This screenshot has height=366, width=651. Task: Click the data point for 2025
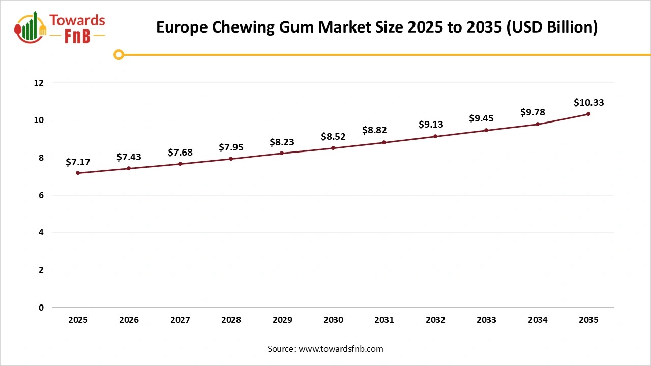78,173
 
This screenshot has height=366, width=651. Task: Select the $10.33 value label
588,103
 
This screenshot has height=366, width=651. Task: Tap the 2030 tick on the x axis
333,320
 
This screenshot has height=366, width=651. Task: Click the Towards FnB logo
61,27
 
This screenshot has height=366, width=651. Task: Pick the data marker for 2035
588,114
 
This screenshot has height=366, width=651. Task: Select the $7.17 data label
78,162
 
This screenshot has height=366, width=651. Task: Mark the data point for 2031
384,142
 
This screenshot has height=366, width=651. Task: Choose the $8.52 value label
333,137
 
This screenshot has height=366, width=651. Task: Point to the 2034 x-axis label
538,320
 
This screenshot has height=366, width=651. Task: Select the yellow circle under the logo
119,54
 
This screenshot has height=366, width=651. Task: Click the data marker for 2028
231,159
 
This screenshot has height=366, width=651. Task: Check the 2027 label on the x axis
180,320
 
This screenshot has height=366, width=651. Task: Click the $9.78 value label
532,113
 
